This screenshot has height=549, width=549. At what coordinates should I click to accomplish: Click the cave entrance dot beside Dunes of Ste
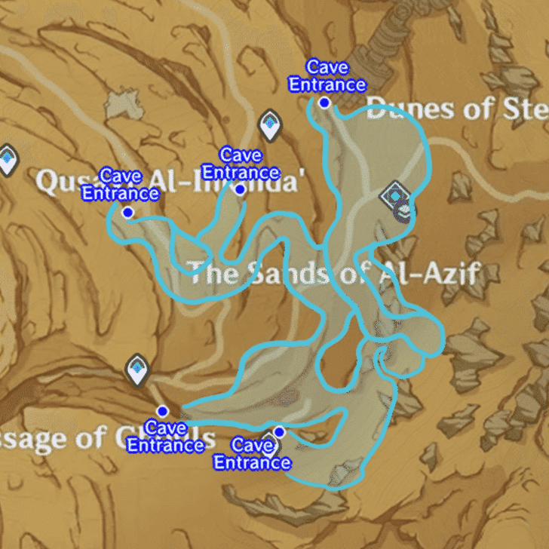pos(324,103)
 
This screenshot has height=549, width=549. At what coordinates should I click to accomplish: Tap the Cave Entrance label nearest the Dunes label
pos(327,76)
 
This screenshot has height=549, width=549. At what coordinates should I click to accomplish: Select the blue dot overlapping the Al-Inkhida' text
pos(240,189)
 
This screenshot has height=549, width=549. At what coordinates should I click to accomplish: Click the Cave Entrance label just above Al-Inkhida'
pos(241,164)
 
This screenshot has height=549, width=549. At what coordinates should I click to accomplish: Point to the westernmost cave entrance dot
pos(127,213)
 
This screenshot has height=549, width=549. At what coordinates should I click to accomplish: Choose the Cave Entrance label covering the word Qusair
pos(121,185)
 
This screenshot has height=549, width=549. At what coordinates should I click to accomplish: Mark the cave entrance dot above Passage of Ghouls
pos(161,411)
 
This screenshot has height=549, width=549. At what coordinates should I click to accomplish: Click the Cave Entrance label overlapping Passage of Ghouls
pos(165,437)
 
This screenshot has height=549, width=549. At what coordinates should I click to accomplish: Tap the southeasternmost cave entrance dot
pos(279,431)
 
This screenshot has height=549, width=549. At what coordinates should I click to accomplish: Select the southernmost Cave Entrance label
pos(252,454)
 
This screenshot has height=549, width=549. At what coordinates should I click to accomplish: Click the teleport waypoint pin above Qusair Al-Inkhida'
pos(270,125)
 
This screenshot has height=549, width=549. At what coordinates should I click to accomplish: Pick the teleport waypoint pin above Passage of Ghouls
pos(137,370)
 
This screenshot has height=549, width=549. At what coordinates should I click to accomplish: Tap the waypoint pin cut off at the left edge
pos(7,159)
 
